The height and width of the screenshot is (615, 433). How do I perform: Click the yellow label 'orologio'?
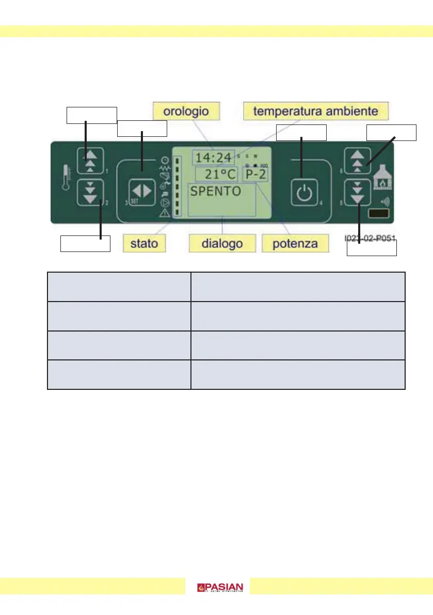[186, 111]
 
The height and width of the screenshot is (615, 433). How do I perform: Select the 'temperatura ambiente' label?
[315, 111]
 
